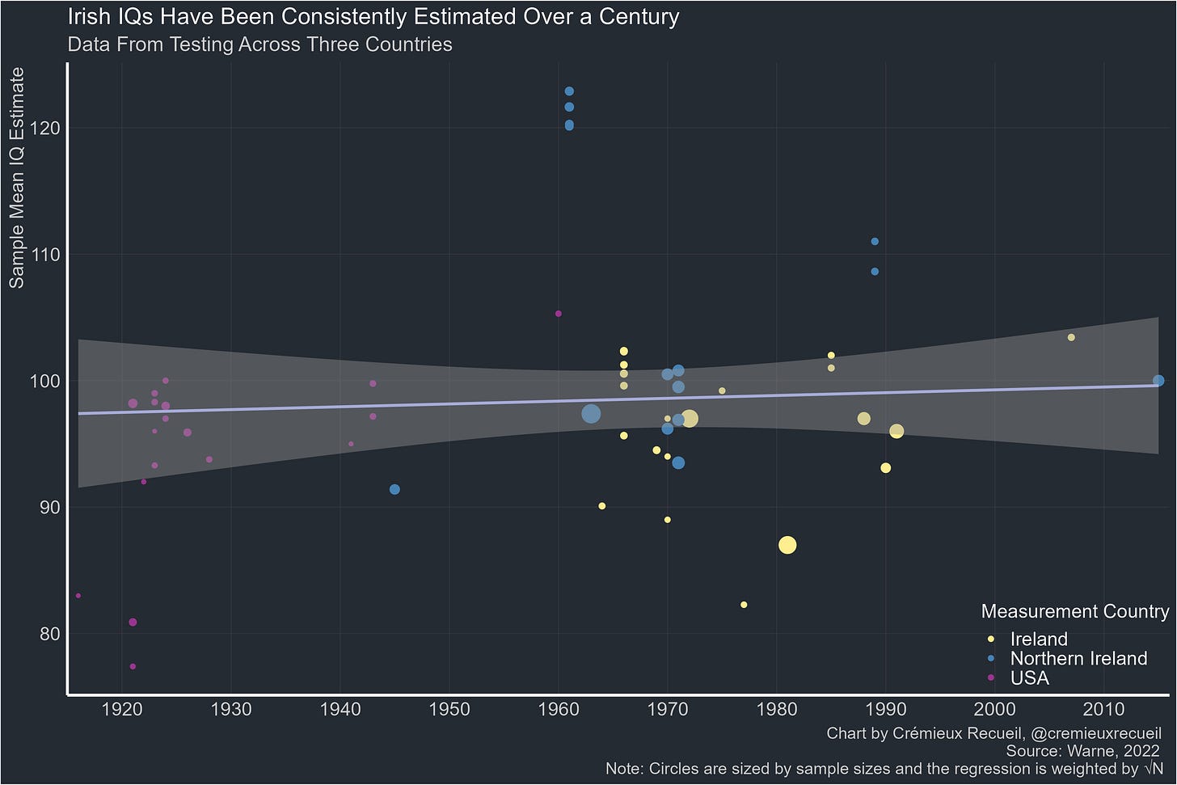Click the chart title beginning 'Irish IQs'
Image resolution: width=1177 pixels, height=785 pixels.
pos(373,17)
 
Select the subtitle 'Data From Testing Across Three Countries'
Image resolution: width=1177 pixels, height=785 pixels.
pos(259,44)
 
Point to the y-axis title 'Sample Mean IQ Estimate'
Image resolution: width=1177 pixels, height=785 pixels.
pos(17,178)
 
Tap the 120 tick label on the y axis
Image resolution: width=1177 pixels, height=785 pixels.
pos(44,128)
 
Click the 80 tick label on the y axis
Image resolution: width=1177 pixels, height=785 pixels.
pos(49,634)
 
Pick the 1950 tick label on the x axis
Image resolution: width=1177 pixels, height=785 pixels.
pos(449,710)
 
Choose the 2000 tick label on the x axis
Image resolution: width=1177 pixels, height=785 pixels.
pos(994,710)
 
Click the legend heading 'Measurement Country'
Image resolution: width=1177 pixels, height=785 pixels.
pos(1075,611)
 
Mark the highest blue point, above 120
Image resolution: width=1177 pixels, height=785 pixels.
pos(569,91)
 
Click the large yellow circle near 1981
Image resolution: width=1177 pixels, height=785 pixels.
pos(787,546)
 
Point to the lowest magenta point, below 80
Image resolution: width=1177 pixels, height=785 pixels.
pos(133,667)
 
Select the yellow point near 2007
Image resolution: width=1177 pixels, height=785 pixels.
pos(1071,337)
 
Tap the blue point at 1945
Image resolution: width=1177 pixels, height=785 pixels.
pos(394,490)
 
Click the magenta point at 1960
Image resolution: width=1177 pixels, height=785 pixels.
pos(559,314)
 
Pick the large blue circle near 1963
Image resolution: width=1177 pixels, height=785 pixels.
pos(591,414)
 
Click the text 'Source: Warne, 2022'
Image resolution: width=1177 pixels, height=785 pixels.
pos(1082,751)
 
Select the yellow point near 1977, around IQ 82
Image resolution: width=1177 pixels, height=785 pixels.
pos(744,605)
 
